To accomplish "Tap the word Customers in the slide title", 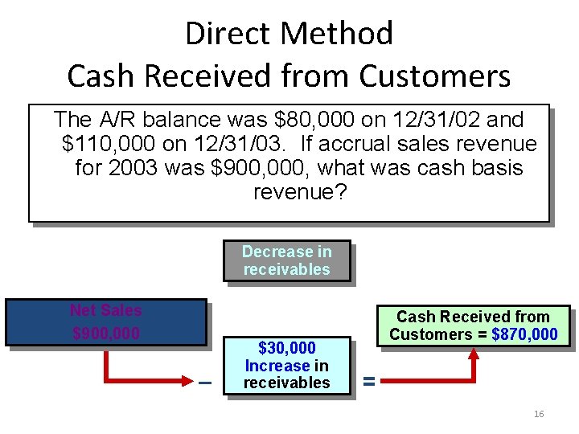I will point(434,76).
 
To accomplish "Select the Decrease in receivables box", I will point(287,260).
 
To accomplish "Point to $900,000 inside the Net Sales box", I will point(105,333).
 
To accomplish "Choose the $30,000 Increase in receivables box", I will point(287,366).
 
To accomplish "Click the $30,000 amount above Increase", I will point(287,349).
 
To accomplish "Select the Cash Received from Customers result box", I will point(473,325).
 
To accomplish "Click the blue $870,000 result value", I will point(524,334).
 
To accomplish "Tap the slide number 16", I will point(539,414).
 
